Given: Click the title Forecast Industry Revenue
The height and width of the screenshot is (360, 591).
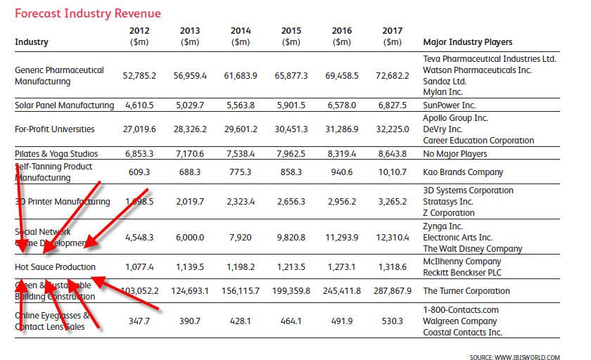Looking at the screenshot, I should [88, 13].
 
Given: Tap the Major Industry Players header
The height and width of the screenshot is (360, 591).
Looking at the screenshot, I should [467, 42].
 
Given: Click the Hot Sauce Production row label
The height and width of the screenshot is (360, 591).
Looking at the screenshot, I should [55, 267].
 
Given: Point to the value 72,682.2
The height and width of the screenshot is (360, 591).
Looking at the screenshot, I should [392, 75].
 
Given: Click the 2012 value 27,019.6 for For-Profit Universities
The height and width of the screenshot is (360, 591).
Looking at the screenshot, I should [139, 129].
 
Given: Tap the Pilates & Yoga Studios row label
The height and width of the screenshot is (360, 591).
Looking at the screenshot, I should [56, 153].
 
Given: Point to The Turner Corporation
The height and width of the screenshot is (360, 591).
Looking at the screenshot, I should [466, 290].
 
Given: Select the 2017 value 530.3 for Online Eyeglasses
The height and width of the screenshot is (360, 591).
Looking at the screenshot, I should [392, 321].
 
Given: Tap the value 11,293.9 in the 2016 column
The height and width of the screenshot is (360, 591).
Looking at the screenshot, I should [341, 237].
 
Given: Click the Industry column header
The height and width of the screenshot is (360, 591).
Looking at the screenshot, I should [32, 42].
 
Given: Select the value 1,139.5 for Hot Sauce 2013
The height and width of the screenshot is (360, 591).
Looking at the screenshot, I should [190, 267].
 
